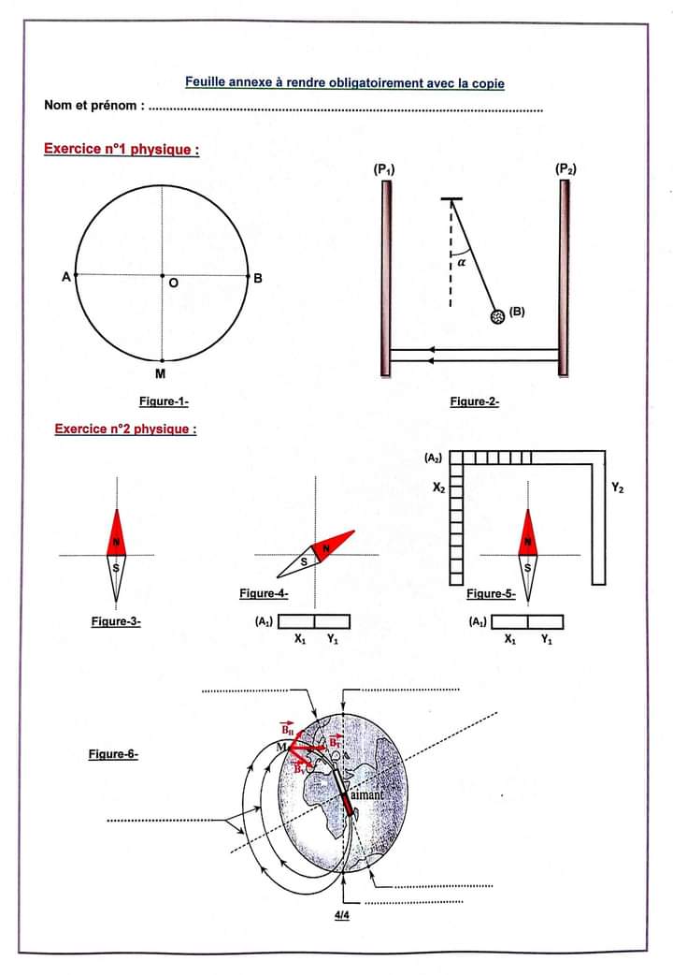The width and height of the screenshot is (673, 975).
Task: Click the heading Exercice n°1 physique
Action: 122,150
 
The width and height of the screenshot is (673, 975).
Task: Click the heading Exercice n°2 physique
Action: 125,429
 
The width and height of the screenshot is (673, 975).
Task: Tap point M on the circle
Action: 162,360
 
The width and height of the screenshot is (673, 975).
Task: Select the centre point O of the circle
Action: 162,275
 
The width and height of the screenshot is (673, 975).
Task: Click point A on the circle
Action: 76,275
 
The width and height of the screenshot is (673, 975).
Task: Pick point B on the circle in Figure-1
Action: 248,275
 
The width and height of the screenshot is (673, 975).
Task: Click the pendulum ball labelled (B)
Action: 498,316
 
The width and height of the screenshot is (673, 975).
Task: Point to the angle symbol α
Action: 462,265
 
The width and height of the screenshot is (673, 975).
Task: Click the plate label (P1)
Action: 383,169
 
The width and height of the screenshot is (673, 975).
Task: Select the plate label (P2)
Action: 565,168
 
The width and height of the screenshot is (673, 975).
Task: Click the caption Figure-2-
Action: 474,401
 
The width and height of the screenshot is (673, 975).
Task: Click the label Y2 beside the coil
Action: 618,487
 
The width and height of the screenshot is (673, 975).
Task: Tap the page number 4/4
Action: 343,916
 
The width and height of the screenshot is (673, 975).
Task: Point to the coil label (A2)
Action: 433,458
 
